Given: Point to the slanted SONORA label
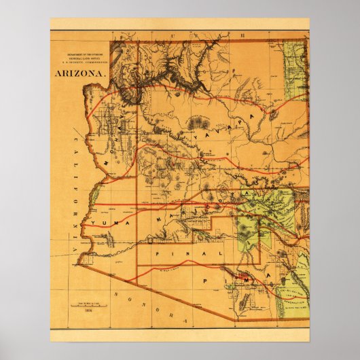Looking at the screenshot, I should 146,306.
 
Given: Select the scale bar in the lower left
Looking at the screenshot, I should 88,300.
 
